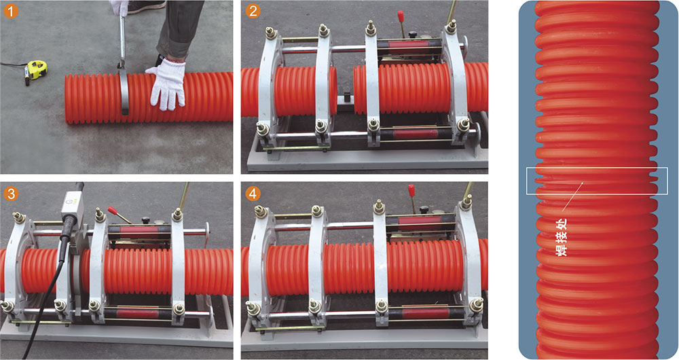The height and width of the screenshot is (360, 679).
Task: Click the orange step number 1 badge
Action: pos(10,12)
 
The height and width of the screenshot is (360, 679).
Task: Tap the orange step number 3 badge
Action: pos(10,193)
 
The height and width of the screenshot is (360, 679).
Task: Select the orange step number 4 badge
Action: pos(253,193)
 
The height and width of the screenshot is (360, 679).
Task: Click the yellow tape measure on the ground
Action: pos(35,70)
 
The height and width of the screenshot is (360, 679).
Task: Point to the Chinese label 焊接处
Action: pos(562,237)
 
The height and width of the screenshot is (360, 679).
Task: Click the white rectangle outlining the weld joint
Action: pos(597,168)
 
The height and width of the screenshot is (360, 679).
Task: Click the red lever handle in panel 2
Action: pos(401,18)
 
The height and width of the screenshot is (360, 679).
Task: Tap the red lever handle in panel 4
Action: pos(411,191)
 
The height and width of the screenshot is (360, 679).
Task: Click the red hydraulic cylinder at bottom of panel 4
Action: pos(420,313)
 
